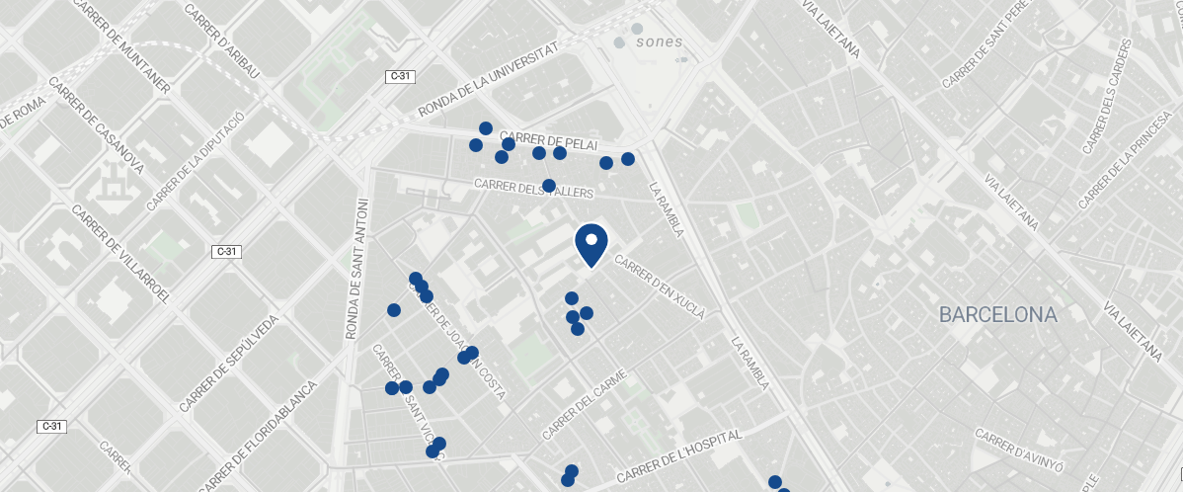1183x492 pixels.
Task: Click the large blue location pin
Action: tap(591, 244)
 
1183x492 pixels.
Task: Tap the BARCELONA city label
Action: tap(997, 315)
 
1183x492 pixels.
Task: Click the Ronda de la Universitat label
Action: tap(489, 79)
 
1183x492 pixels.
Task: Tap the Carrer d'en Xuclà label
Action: tap(660, 287)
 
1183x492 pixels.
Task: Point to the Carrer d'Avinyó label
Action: tap(1019, 449)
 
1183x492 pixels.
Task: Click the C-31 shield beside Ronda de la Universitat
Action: tap(400, 76)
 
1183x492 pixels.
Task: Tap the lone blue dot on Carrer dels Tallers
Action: tap(549, 186)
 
